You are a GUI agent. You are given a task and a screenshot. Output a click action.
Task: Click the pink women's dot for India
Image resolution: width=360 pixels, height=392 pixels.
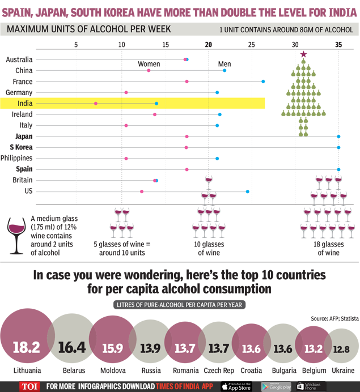coord(96,104)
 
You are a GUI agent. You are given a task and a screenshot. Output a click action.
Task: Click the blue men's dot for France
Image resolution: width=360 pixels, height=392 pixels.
coord(263,82)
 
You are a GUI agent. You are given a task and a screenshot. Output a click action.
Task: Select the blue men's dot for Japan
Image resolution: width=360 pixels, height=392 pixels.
coord(338,137)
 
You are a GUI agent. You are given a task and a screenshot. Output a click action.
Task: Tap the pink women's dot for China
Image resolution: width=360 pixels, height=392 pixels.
coord(149,70)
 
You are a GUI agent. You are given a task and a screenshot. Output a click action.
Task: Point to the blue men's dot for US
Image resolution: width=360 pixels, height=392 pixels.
coord(248,191)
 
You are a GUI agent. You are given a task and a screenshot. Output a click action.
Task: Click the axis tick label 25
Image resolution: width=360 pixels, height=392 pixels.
coord(252,45)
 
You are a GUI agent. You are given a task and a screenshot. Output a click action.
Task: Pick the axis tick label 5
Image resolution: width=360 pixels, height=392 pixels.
coord(76,45)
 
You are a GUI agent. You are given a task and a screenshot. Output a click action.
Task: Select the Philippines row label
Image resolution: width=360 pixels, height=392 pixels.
coord(16,158)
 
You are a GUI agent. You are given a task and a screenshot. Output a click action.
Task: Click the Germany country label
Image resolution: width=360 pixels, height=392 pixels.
coord(19,92)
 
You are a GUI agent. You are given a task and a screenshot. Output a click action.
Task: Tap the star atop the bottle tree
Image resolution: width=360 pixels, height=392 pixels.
coord(303,54)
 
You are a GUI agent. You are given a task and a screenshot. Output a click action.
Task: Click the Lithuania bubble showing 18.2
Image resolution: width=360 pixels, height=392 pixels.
coord(27,346)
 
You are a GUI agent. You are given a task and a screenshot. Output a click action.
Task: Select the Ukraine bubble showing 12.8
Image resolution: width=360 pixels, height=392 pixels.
coord(341,348)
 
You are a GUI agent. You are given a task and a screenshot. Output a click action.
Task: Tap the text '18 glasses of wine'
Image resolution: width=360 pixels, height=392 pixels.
coord(328,249)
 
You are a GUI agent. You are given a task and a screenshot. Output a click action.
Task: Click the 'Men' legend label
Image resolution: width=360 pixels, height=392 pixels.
coord(225,64)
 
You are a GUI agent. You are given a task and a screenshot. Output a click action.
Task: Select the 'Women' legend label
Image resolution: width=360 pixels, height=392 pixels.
coord(149,64)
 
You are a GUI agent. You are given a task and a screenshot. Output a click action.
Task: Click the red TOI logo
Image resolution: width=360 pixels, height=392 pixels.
coord(29,386)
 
